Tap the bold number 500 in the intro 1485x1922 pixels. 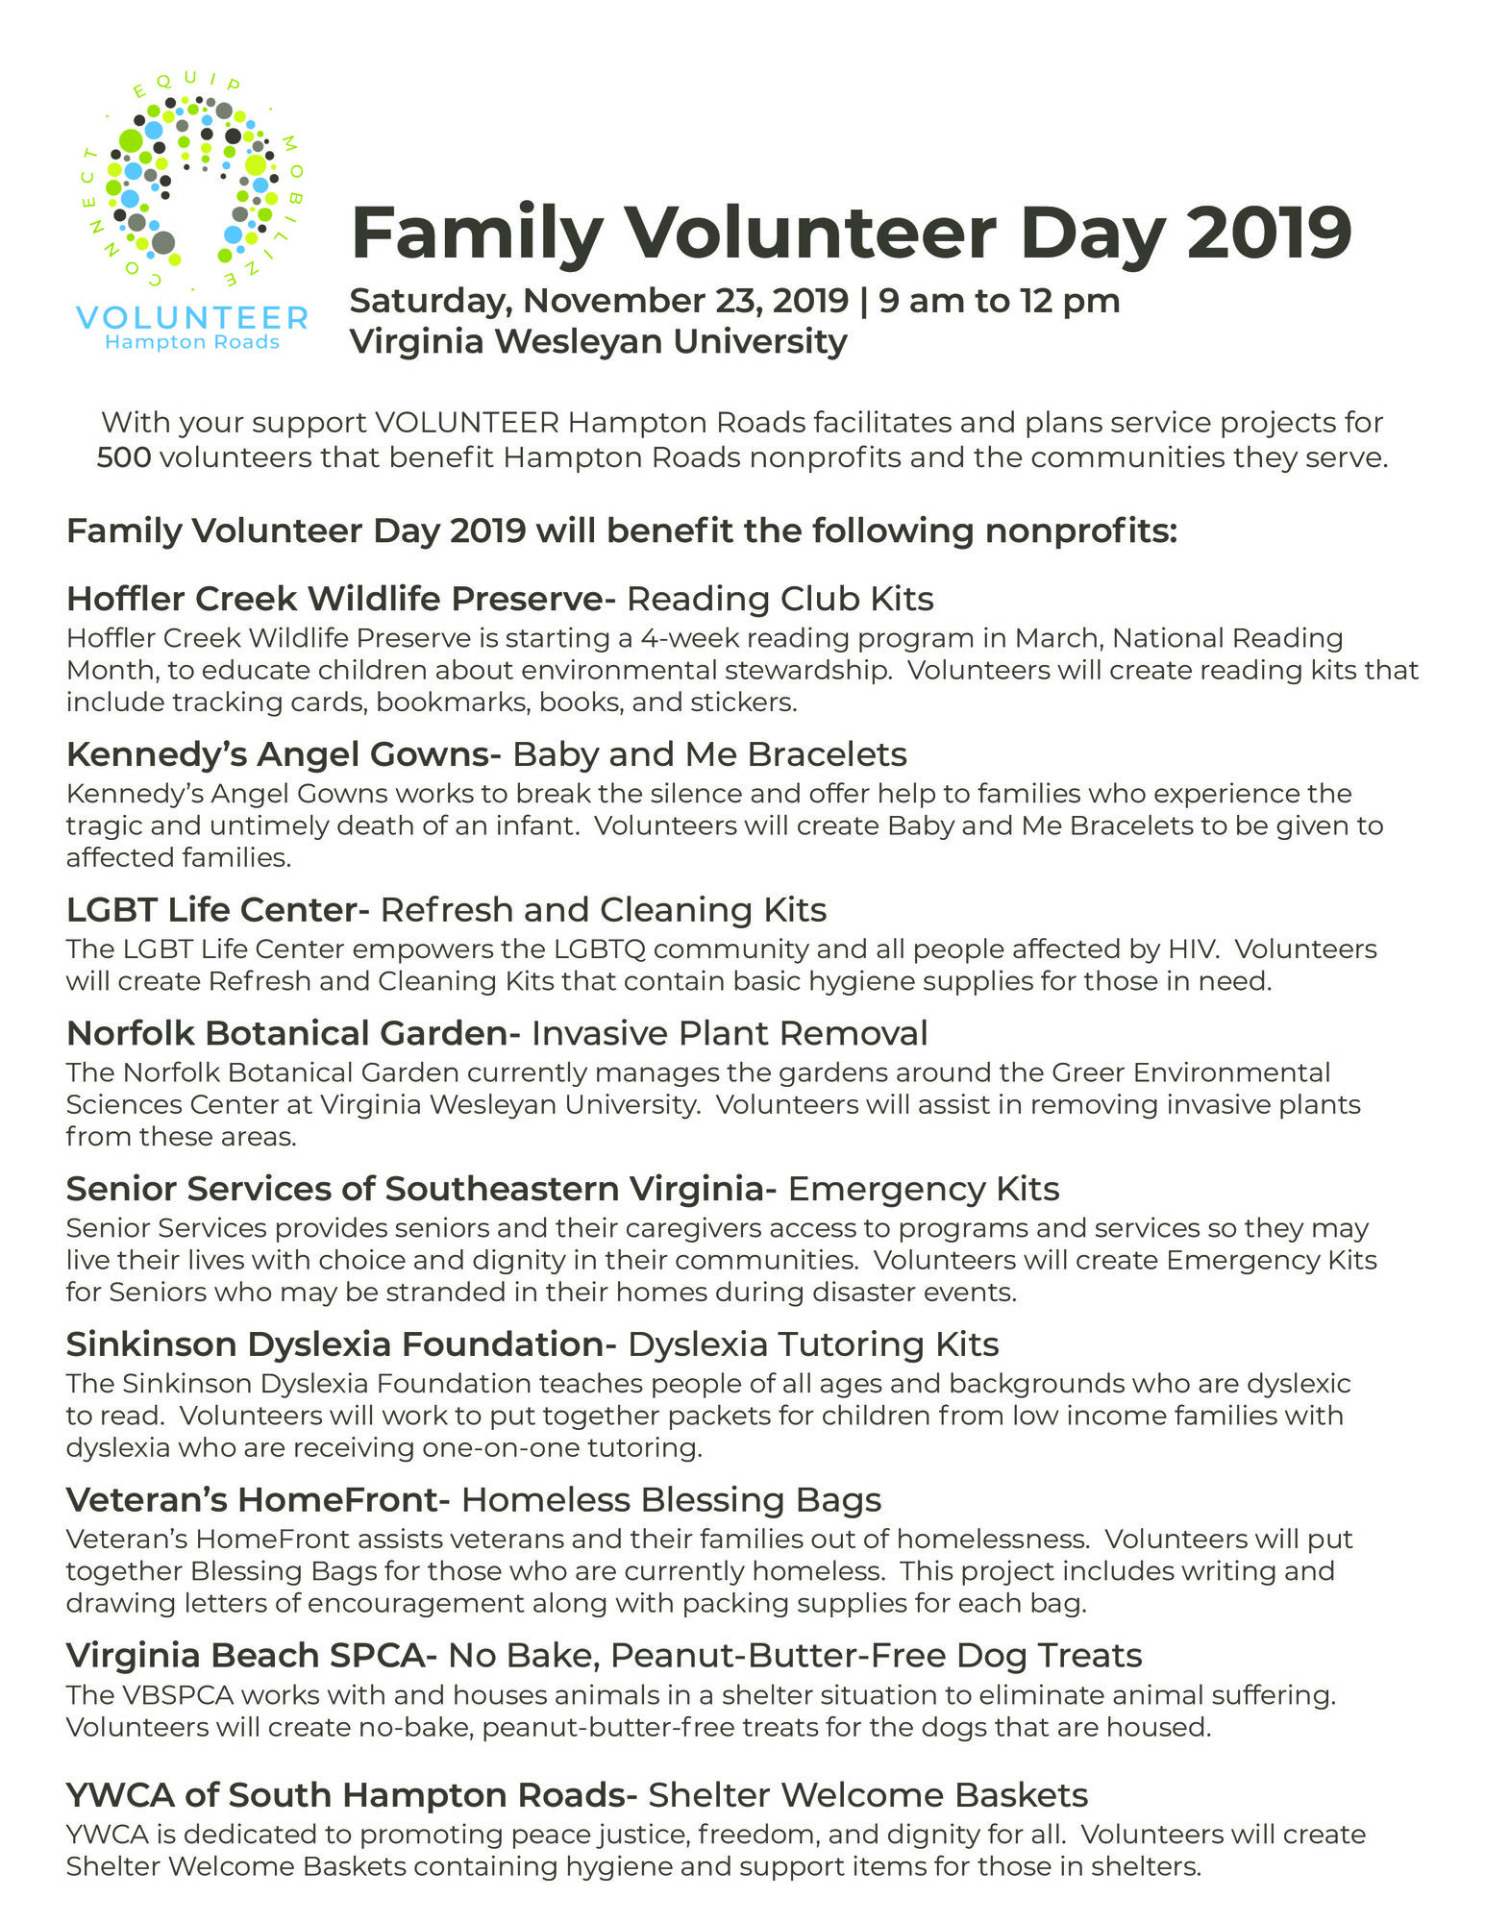tap(124, 457)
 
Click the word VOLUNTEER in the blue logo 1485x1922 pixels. tap(191, 318)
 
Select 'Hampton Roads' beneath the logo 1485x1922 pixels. tap(191, 343)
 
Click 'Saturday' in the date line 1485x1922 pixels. tap(429, 301)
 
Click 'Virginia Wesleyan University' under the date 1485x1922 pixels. tap(598, 341)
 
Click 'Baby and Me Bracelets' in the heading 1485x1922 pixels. tap(709, 754)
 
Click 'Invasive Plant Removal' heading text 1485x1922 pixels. tap(730, 1033)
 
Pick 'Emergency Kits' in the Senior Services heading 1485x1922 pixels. tap(923, 1189)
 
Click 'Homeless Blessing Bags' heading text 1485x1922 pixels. tap(671, 1499)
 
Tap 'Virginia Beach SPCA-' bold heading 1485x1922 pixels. tap(252, 1655)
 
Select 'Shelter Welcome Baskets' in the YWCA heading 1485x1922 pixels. tap(867, 1794)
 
